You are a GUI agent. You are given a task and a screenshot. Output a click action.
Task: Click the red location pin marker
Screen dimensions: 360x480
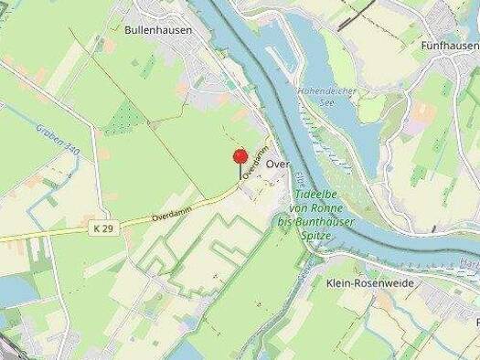point(240,157)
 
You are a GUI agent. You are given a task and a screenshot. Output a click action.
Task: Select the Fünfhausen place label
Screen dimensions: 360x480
point(450,45)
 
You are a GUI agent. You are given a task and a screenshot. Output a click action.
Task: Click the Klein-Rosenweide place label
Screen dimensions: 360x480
point(369,283)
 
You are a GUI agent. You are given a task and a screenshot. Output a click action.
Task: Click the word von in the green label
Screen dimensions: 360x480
point(301,208)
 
